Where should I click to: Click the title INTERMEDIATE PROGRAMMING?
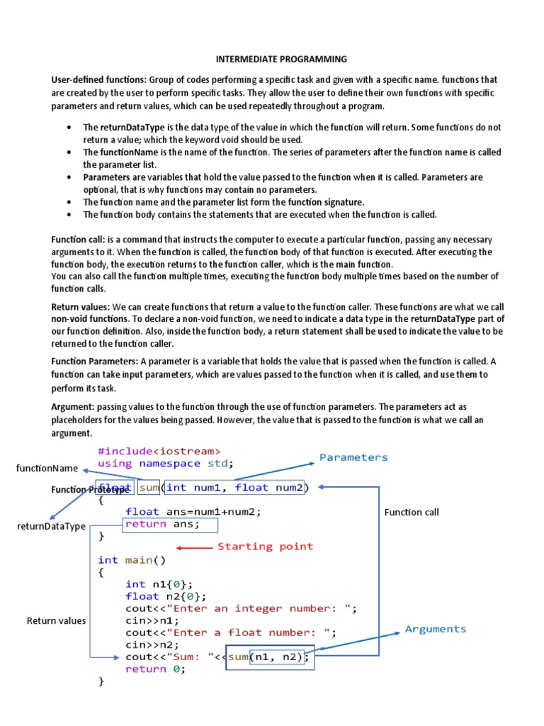point(271,60)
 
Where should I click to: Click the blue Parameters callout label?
point(353,457)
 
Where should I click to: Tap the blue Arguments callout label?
point(436,629)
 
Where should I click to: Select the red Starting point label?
point(265,547)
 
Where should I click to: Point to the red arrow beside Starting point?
point(194,547)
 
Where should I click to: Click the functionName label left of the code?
point(47,468)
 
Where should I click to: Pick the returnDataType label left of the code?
point(52,526)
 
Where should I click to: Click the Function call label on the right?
point(412,512)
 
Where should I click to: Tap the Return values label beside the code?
point(56,621)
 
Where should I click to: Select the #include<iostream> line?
point(159,451)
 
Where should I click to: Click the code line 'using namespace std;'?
point(166,464)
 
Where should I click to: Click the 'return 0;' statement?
point(155,669)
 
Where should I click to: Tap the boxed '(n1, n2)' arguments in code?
point(280,657)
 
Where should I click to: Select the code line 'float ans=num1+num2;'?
point(193,512)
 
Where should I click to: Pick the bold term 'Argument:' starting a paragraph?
point(73,407)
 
